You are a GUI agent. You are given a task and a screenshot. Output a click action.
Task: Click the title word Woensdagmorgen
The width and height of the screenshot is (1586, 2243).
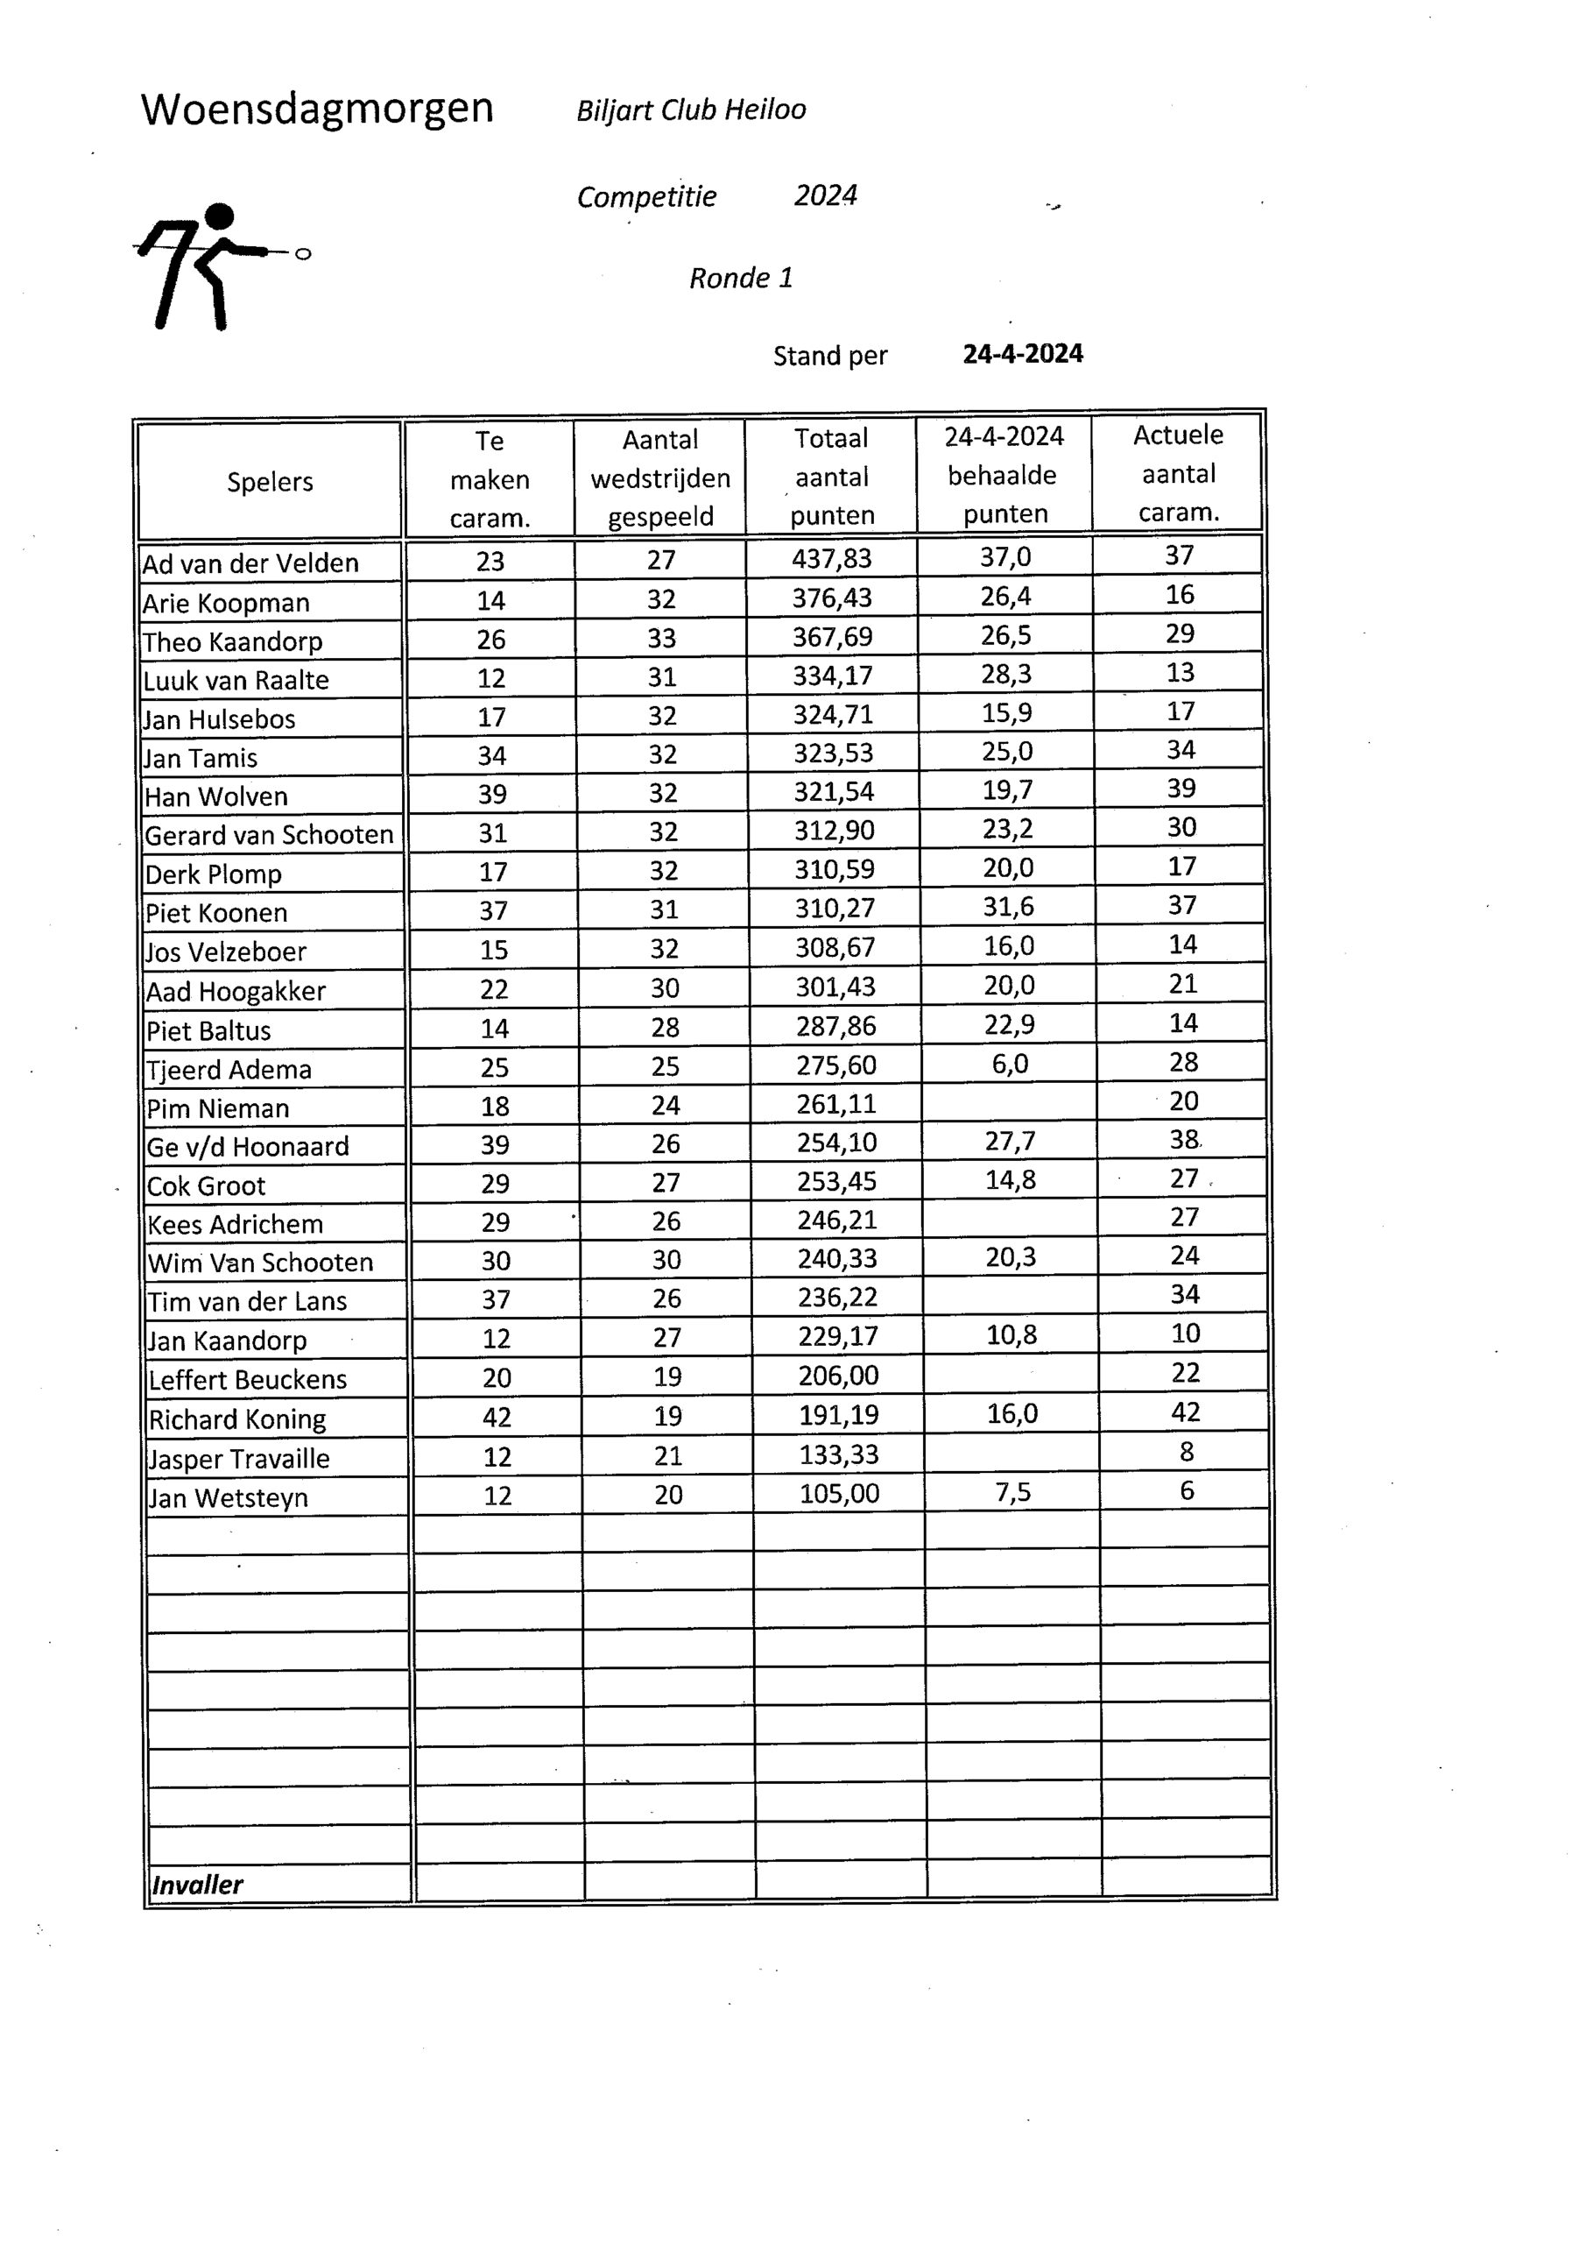(x=316, y=109)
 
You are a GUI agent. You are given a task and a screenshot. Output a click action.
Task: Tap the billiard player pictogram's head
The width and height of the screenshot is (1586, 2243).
(x=221, y=216)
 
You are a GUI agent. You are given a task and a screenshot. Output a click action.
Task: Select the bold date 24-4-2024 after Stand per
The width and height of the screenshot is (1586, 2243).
(x=1023, y=354)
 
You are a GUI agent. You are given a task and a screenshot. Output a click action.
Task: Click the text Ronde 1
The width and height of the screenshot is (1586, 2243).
(x=740, y=279)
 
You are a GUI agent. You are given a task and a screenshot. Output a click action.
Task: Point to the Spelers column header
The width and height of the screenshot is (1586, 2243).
(x=270, y=482)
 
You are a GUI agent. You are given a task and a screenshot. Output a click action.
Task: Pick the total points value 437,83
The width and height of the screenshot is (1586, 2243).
(x=832, y=559)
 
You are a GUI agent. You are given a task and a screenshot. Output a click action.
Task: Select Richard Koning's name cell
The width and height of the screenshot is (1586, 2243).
(x=237, y=1419)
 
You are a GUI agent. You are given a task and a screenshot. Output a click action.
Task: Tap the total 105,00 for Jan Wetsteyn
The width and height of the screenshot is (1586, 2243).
(x=839, y=1494)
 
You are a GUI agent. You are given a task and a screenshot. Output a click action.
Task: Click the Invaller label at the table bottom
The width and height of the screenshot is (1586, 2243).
(x=197, y=1885)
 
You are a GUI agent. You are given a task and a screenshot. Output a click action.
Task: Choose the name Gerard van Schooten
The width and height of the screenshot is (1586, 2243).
(x=269, y=835)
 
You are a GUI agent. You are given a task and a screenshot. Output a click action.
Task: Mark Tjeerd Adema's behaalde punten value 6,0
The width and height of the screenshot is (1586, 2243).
(x=1010, y=1064)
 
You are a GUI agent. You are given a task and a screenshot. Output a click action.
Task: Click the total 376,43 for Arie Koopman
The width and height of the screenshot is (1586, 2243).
(x=832, y=598)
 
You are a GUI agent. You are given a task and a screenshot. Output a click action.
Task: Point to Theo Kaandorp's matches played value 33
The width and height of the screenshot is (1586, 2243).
(x=661, y=638)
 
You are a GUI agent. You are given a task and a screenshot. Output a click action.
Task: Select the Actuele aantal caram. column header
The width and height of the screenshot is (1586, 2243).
(x=1179, y=474)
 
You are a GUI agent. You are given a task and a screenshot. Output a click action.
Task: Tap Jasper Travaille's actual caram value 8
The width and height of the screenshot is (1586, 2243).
(x=1187, y=1452)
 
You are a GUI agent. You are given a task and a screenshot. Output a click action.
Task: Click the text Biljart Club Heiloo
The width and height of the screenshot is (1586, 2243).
(x=692, y=110)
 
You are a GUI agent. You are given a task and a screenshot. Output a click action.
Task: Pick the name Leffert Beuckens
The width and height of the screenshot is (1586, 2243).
(x=248, y=1379)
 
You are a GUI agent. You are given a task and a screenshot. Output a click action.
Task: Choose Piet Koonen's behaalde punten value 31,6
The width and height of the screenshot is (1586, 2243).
(x=1008, y=908)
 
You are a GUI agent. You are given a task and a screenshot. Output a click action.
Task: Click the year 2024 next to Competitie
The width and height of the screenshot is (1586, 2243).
(x=825, y=196)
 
